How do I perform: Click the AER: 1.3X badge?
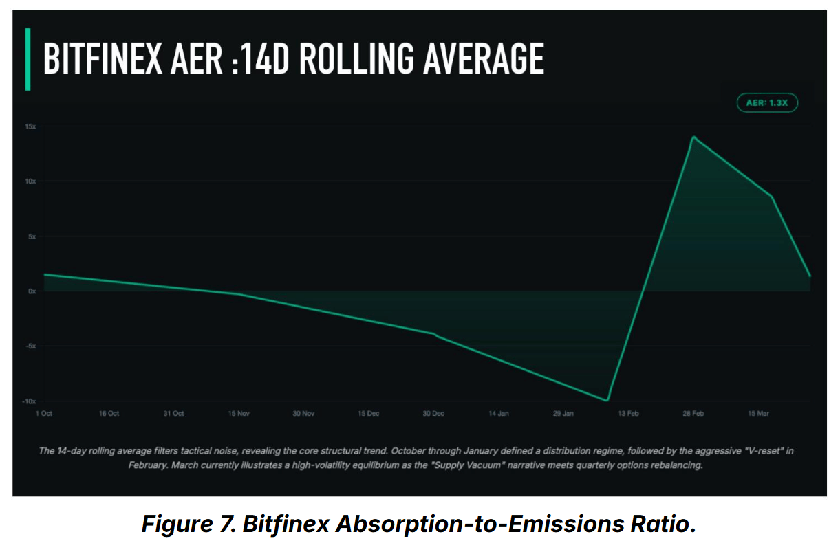click(766, 103)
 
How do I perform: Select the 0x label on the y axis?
click(32, 291)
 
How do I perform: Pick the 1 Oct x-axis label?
click(43, 414)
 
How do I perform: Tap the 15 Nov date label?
click(239, 414)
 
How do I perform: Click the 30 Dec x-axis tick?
click(433, 414)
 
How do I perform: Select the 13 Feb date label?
click(628, 414)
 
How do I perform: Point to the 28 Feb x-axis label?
click(693, 414)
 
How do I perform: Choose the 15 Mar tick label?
click(758, 414)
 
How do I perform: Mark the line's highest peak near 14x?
click(693, 137)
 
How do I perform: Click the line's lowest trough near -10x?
click(607, 400)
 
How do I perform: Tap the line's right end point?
click(810, 276)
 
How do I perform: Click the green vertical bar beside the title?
click(28, 59)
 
